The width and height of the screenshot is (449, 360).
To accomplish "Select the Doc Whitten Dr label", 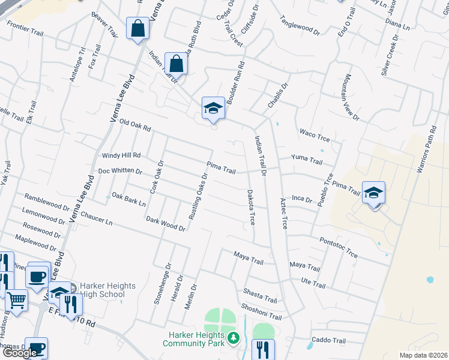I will point(120,171).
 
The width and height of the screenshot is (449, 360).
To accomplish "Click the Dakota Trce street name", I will point(251,208).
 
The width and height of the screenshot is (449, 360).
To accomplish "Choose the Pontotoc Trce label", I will point(339,247).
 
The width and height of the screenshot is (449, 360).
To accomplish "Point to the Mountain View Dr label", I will point(351,97).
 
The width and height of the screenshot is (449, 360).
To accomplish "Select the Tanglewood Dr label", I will point(301,23).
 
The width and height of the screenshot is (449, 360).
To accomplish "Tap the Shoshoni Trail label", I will point(261,311).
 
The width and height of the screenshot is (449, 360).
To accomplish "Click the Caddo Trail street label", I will point(329,341).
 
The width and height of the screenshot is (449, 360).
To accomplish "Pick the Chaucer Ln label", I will point(96,218).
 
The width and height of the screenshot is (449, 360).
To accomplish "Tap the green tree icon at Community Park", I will point(234,339).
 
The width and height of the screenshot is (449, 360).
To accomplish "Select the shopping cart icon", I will point(16,300).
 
